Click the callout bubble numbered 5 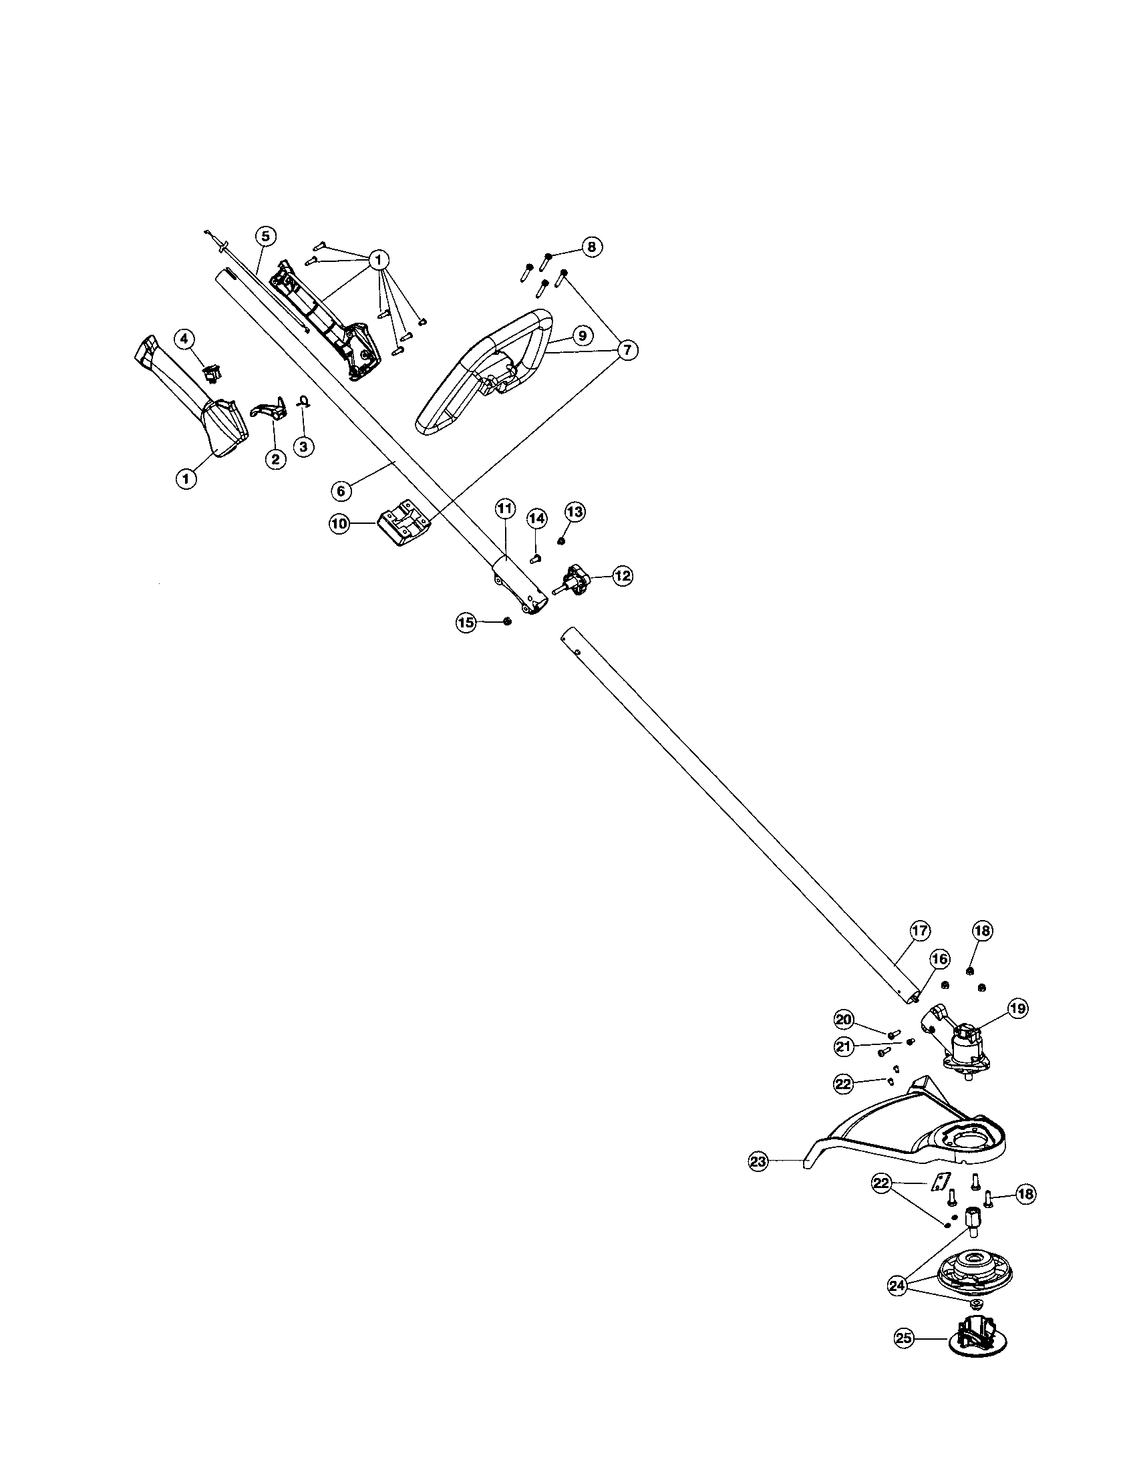tap(266, 236)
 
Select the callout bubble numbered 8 tap(591, 247)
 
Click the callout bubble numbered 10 tap(339, 523)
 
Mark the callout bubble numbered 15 tap(466, 623)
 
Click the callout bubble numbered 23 tap(758, 1161)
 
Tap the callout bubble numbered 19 tap(1018, 1026)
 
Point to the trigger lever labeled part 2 tap(267, 410)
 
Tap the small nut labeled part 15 tap(507, 621)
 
